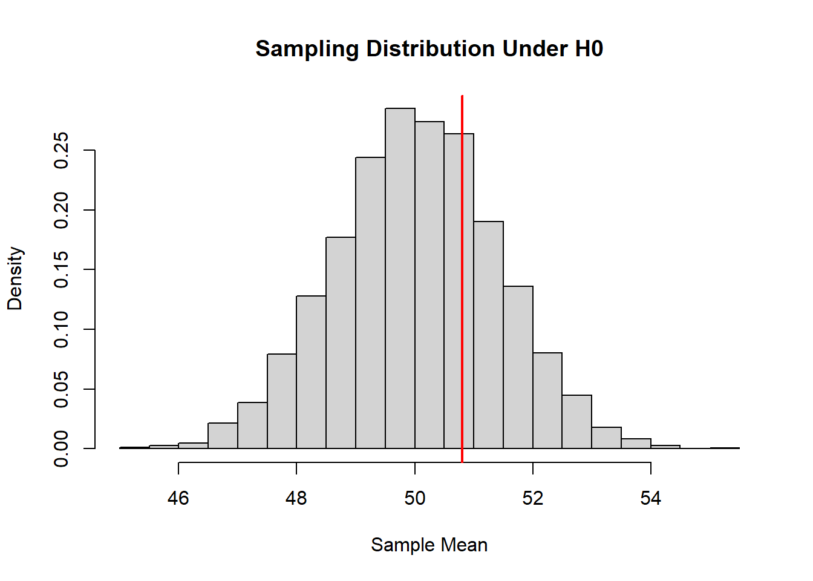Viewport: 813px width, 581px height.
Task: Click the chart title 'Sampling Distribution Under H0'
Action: coord(429,49)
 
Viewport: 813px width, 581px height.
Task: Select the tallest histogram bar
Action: coord(400,278)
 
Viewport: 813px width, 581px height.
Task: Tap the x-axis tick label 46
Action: coord(178,498)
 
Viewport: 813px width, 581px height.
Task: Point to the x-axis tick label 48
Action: coord(296,498)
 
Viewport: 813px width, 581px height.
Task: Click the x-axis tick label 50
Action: coord(415,498)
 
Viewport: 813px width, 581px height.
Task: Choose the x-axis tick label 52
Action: coord(533,498)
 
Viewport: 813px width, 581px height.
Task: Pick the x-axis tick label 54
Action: coord(651,498)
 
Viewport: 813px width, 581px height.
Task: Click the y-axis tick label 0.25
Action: coord(61,150)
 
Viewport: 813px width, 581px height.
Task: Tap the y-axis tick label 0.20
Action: coord(61,210)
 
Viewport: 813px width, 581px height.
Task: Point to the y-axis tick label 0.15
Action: coord(61,269)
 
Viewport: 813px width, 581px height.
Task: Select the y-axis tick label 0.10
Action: coord(61,329)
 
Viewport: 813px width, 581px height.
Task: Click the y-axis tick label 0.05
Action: coord(61,389)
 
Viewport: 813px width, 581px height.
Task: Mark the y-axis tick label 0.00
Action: coord(61,448)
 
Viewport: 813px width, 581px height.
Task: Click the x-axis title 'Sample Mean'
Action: coord(429,545)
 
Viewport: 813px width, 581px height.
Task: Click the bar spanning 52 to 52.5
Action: coord(547,401)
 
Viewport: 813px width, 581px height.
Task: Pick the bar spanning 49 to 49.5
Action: coord(370,303)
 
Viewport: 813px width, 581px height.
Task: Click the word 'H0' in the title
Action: coord(589,49)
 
